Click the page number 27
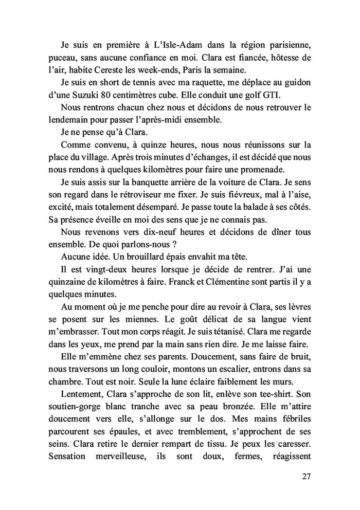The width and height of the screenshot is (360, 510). (x=306, y=476)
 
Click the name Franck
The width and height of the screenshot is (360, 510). (x=168, y=283)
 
